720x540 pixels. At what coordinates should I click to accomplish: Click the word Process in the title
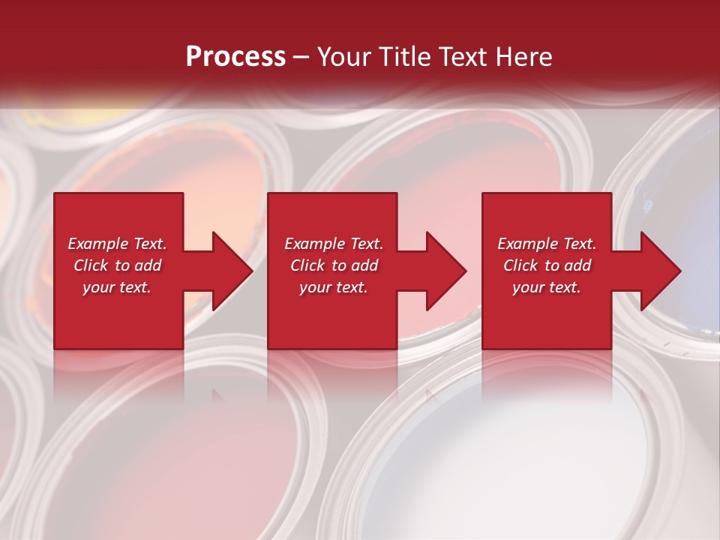235,57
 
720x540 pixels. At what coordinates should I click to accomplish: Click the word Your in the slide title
346,57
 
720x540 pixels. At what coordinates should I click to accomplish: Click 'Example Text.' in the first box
117,244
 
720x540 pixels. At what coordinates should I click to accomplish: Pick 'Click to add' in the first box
117,265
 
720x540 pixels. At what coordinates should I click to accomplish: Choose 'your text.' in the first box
117,287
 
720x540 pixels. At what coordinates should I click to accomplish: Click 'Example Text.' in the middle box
334,244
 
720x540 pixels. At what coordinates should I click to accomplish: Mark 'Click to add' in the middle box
334,265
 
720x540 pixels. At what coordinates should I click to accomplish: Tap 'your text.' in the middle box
334,287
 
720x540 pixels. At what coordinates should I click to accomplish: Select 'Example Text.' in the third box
547,244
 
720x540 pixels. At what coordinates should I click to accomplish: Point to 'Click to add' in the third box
547,265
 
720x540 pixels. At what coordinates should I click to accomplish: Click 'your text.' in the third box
547,287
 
